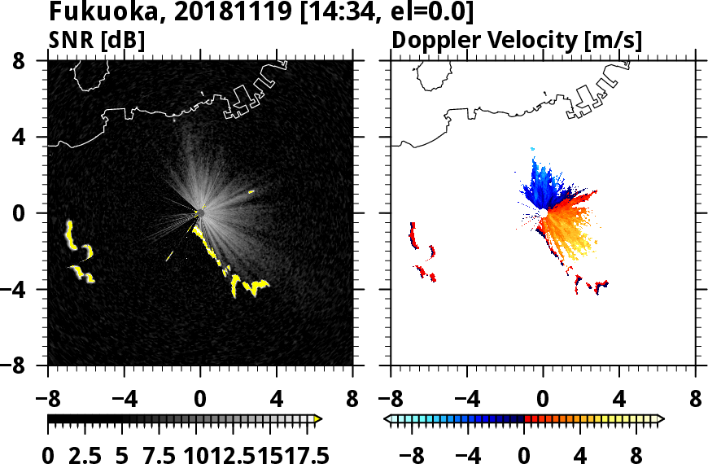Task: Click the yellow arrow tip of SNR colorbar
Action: [x=318, y=419]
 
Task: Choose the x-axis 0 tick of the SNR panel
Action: [x=200, y=400]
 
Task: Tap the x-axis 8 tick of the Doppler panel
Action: [x=696, y=400]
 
